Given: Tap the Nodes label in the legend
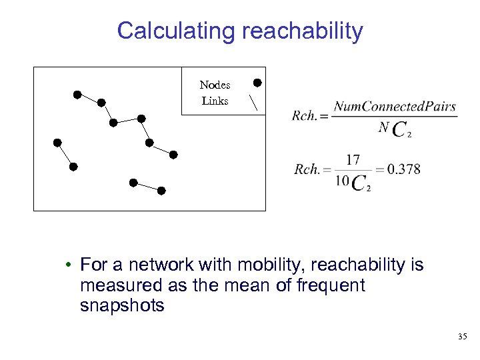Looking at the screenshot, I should point(215,85).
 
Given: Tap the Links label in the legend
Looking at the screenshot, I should point(215,101).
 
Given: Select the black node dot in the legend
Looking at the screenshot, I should point(257,83).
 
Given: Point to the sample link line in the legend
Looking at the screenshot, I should point(254,102).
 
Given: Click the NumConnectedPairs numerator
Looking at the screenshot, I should point(395,106).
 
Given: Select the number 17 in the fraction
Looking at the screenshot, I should point(353,159).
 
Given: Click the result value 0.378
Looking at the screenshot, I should point(403,169).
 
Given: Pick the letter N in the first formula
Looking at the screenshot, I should point(383,127).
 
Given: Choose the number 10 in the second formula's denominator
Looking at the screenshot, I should point(342,181).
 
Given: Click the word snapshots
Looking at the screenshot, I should point(121,305).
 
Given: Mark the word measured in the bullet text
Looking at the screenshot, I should point(113,285).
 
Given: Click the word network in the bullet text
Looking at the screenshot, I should point(153,265).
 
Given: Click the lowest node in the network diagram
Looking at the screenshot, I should point(161,191).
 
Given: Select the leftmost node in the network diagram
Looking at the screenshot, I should point(57,143).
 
